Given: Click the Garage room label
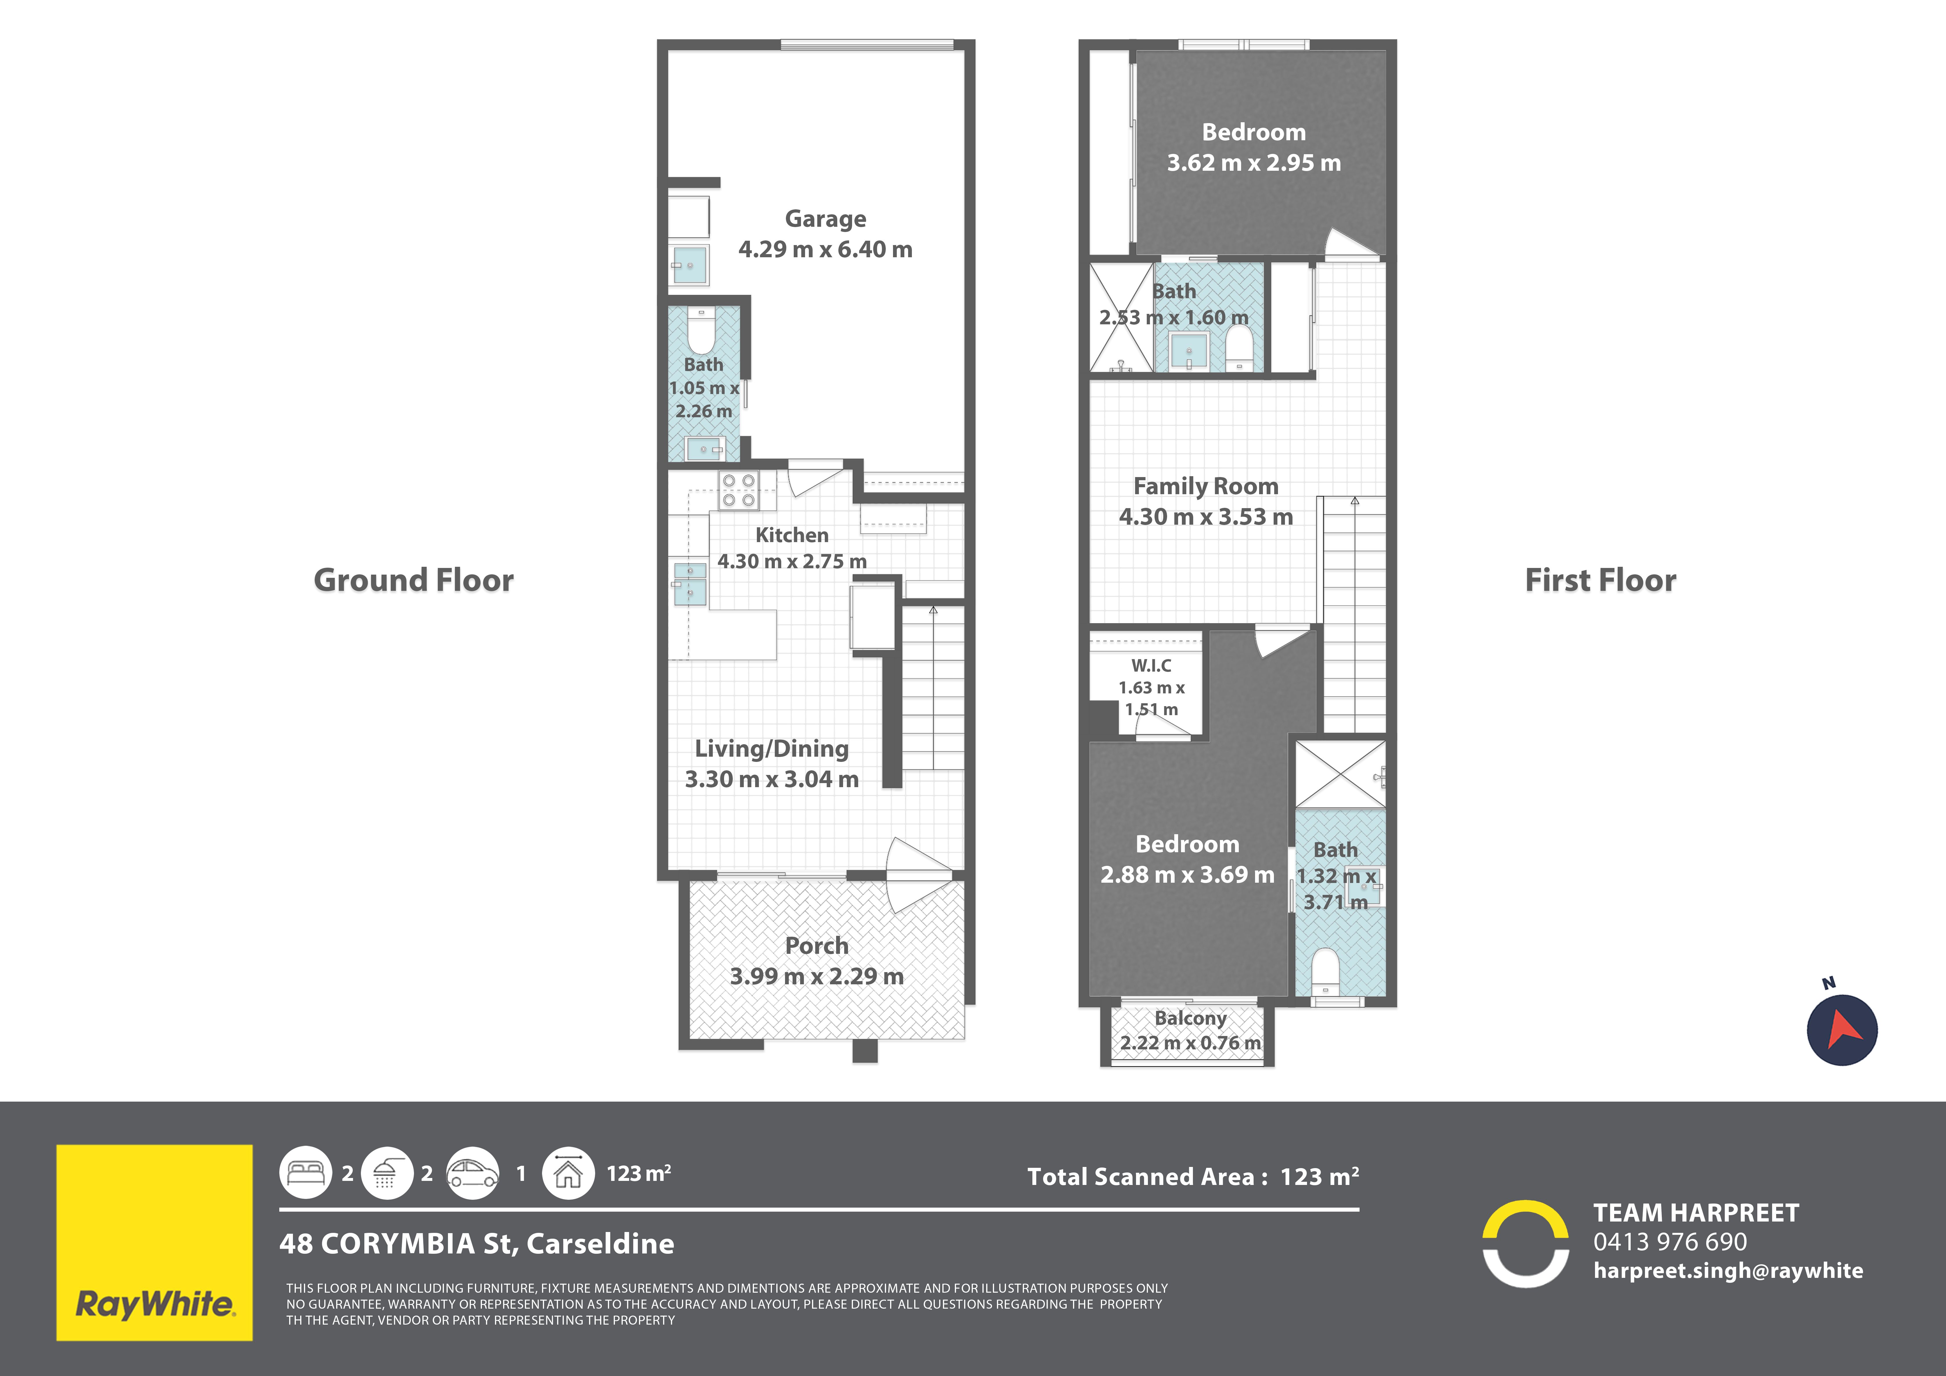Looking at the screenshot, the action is click(826, 219).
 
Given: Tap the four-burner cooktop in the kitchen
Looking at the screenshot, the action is click(738, 491).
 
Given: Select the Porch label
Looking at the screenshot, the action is click(816, 945).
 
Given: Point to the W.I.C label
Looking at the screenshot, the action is click(1151, 665).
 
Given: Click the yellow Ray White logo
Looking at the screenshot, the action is click(154, 1243).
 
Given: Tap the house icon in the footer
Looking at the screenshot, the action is click(568, 1173).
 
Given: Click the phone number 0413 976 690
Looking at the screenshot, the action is click(1670, 1242).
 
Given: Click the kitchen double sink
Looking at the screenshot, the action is click(690, 583).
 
